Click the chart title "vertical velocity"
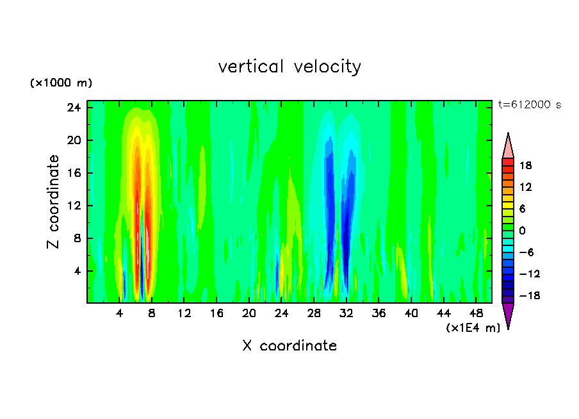(x=289, y=67)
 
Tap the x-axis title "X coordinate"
(x=289, y=346)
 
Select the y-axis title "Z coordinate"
(x=53, y=202)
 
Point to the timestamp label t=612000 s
(x=529, y=105)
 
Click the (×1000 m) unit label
(x=61, y=83)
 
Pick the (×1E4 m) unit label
(x=473, y=328)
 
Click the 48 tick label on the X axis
(x=477, y=313)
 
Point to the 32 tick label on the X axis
(x=347, y=313)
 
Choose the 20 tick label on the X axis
(x=249, y=313)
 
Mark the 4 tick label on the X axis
(x=120, y=313)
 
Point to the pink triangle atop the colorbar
(x=508, y=145)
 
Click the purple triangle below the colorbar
(x=508, y=315)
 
